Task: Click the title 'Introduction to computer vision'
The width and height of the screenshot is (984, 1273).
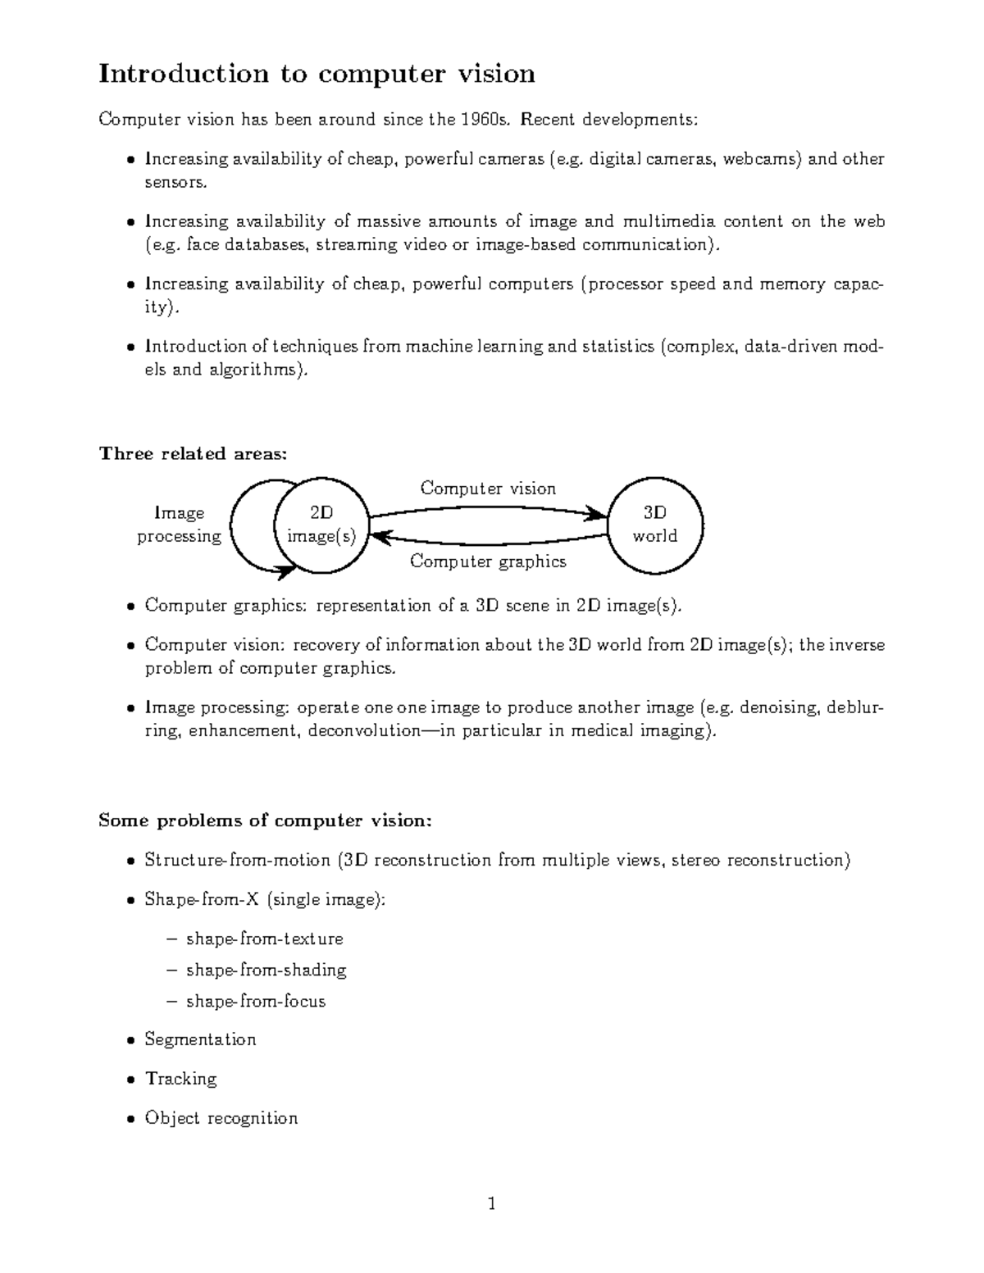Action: tap(317, 74)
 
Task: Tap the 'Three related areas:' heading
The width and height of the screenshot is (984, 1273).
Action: tap(193, 454)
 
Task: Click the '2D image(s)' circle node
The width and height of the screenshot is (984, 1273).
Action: tap(321, 525)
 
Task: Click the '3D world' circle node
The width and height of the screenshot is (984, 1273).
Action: tap(654, 525)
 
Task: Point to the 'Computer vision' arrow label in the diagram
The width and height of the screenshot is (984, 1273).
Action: tap(488, 489)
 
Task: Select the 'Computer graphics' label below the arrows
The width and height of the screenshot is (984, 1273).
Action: tap(488, 561)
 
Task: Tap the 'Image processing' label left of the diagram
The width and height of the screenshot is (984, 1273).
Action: tap(179, 525)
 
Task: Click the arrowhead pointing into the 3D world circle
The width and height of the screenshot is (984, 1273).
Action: tap(597, 516)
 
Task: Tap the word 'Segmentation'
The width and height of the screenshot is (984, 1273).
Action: tap(200, 1040)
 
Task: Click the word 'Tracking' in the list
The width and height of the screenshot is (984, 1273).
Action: tap(180, 1079)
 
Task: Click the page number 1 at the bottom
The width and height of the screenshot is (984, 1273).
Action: tap(491, 1204)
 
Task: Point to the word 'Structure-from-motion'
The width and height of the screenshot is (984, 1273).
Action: tap(238, 861)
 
